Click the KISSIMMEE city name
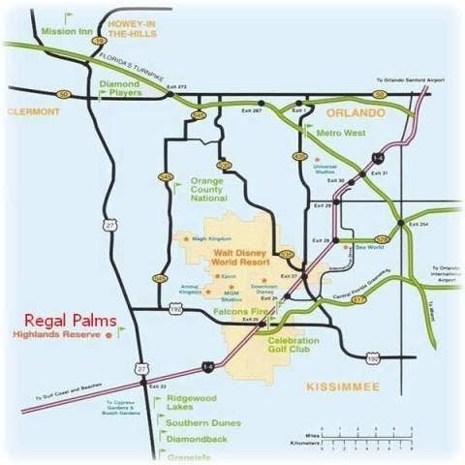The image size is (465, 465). click(342, 387)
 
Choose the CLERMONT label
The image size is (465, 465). click(33, 112)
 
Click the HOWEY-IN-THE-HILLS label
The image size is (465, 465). click(133, 27)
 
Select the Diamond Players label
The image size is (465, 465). click(120, 89)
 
